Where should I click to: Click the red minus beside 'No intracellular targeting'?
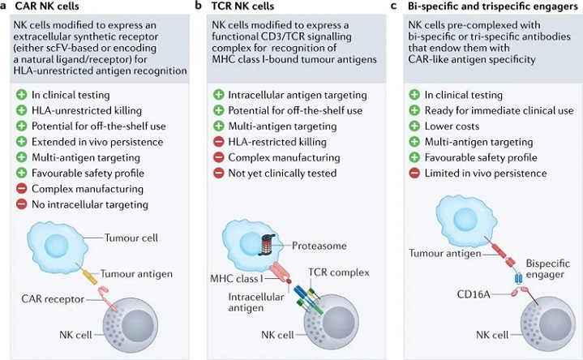[22, 204]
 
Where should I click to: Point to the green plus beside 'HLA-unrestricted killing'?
[22, 110]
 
